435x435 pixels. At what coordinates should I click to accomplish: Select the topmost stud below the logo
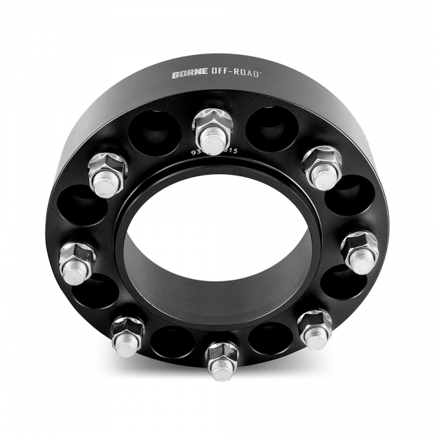pos(212,132)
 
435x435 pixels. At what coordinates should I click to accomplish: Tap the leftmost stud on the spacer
pos(76,262)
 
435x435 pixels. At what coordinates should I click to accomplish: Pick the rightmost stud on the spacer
pos(359,251)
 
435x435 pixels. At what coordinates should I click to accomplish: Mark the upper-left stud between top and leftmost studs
pos(107,173)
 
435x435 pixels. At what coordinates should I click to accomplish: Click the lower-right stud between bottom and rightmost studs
pos(315,328)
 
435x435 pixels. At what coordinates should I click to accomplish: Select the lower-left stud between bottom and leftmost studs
pos(127,336)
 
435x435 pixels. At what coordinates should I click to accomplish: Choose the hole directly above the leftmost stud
pos(83,207)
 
